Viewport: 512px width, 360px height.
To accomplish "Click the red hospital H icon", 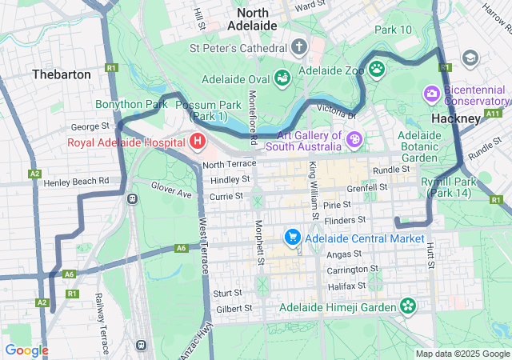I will pos(198,142).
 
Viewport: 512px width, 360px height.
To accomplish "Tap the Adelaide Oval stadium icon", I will pos(282,78).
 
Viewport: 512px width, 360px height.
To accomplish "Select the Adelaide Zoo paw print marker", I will pos(375,70).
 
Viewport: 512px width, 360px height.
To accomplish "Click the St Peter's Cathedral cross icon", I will pos(299,47).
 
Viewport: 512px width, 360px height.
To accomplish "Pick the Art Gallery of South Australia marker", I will pos(354,141).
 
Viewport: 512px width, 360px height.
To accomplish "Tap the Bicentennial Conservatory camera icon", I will pos(433,94).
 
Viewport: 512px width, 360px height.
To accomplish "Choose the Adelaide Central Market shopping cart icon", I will pos(292,238).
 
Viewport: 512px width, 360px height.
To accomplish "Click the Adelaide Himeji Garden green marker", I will pos(408,306).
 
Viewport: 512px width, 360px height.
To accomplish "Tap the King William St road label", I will pos(314,190).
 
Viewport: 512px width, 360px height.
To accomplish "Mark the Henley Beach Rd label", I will pos(75,182).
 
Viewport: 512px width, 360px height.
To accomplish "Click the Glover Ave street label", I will pos(171,190).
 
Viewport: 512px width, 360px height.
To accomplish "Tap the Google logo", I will pos(26,350).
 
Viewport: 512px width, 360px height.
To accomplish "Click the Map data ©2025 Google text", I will pos(462,354).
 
